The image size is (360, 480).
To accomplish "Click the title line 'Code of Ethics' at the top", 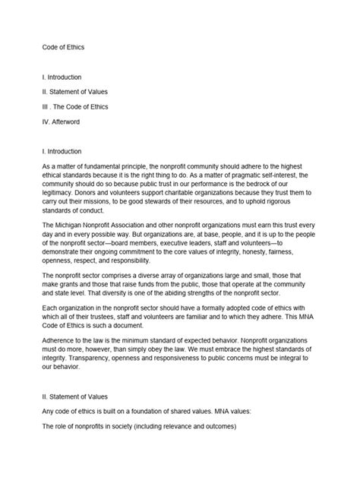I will [64, 47].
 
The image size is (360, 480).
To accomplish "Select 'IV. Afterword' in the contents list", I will [66, 119].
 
